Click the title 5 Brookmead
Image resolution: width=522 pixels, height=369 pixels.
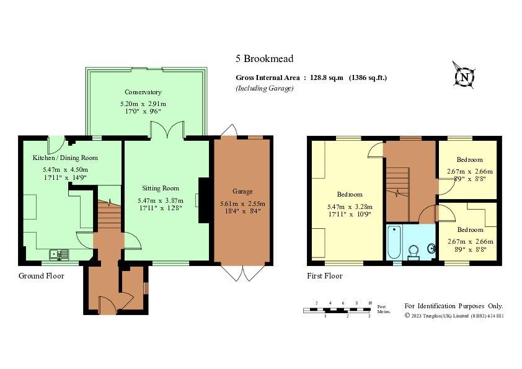tap(264, 59)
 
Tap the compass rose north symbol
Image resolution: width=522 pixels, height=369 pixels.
tap(464, 77)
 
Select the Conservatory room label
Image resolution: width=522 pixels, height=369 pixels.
tap(143, 92)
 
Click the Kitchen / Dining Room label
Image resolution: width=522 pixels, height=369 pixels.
tap(65, 158)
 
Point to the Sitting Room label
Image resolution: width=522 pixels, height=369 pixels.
tap(161, 188)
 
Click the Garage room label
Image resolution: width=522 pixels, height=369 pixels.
tap(242, 192)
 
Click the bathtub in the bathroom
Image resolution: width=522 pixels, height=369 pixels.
tap(394, 242)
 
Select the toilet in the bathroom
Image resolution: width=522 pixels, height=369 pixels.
tap(414, 251)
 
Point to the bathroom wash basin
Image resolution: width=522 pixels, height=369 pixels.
tap(431, 248)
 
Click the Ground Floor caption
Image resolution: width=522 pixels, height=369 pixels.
tap(41, 276)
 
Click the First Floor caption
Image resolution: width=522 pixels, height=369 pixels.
tap(325, 276)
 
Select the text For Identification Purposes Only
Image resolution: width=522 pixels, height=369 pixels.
tap(454, 306)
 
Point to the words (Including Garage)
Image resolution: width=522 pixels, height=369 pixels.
tap(264, 88)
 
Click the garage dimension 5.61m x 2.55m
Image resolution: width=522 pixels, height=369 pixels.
tap(242, 203)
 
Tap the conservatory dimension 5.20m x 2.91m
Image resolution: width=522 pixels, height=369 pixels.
tap(143, 104)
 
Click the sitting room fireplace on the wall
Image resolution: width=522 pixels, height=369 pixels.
tap(202, 200)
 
